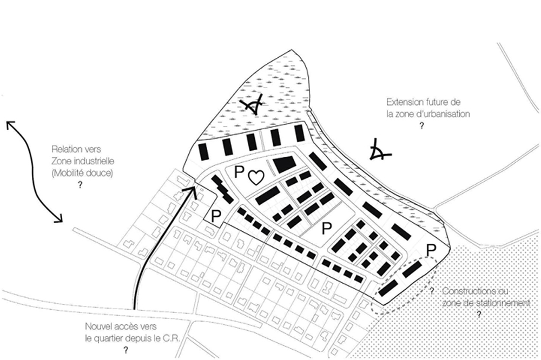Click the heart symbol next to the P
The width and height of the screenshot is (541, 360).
tap(256, 177)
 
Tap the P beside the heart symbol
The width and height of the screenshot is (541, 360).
tap(239, 172)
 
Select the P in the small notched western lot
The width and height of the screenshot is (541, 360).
tap(216, 216)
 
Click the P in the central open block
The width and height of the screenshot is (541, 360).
tap(326, 228)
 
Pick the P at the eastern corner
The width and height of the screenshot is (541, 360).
tap(431, 250)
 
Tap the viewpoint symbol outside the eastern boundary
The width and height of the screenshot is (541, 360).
tap(379, 150)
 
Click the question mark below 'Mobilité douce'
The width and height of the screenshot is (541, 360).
tap(81, 185)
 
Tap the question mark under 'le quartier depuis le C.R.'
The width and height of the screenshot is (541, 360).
tap(126, 350)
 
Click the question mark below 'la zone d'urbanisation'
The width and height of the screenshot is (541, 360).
tap(421, 126)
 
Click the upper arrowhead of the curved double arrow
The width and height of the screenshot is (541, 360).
tap(11, 125)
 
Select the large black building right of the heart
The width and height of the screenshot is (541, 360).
tap(285, 164)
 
